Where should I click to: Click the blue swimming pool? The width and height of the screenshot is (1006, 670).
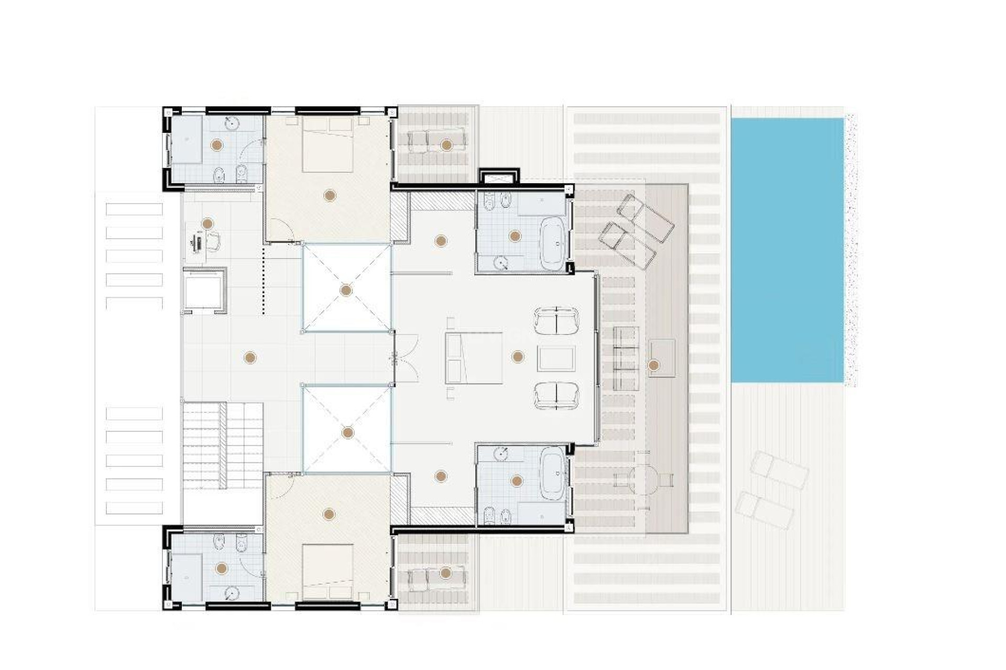[787, 250]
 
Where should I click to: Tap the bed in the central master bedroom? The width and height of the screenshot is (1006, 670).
[474, 358]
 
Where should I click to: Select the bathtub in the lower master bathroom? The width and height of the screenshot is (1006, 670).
[552, 474]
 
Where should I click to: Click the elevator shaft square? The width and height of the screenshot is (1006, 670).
[204, 290]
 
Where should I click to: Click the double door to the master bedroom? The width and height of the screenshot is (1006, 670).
[405, 358]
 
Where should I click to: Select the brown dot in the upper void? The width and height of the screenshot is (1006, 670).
[346, 290]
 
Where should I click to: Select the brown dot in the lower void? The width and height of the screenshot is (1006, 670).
[347, 432]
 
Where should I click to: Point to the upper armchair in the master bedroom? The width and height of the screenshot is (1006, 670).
[556, 320]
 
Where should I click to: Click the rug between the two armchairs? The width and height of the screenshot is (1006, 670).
[556, 359]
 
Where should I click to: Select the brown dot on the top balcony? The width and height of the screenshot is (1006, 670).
[446, 145]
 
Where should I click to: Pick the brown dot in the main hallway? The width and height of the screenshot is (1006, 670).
[250, 358]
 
